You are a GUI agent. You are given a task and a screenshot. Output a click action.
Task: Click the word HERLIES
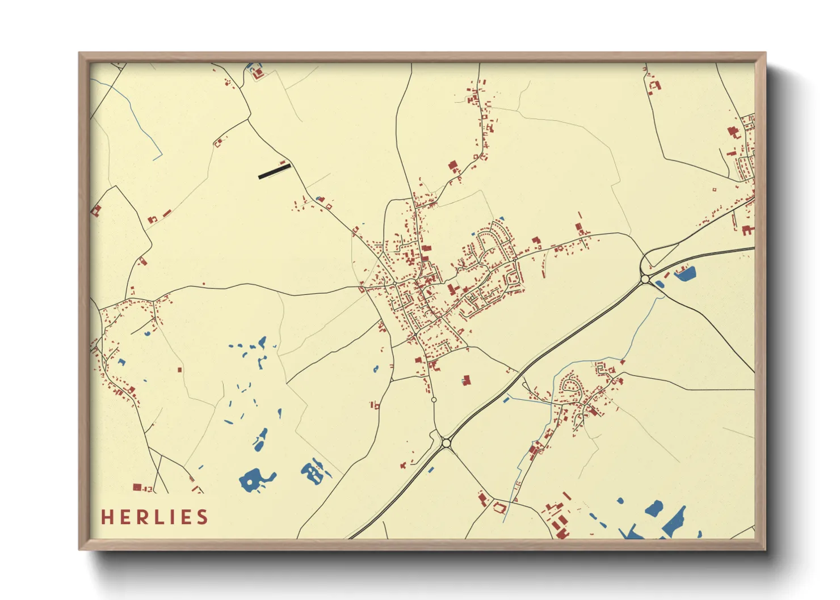(x=154, y=517)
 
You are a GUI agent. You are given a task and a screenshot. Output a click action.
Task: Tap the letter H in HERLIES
(x=107, y=517)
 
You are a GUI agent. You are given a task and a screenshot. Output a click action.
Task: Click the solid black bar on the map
(x=274, y=171)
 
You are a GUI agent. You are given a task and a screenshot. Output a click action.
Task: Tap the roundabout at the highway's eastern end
(x=645, y=279)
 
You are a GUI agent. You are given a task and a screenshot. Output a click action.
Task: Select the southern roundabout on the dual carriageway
(x=446, y=443)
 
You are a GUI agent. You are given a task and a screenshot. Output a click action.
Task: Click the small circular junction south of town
(x=434, y=400)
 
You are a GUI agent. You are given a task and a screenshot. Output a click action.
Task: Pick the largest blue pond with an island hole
(x=254, y=480)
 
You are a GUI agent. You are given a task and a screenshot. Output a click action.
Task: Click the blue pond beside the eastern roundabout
(x=686, y=274)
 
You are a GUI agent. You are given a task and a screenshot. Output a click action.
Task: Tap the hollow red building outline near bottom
(x=499, y=507)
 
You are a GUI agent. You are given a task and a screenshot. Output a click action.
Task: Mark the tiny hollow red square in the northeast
(x=714, y=189)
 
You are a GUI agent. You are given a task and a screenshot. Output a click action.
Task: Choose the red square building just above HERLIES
(x=136, y=487)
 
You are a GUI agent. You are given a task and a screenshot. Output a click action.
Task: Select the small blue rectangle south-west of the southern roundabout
(x=430, y=470)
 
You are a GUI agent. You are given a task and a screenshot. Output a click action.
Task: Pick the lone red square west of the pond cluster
(x=180, y=370)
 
